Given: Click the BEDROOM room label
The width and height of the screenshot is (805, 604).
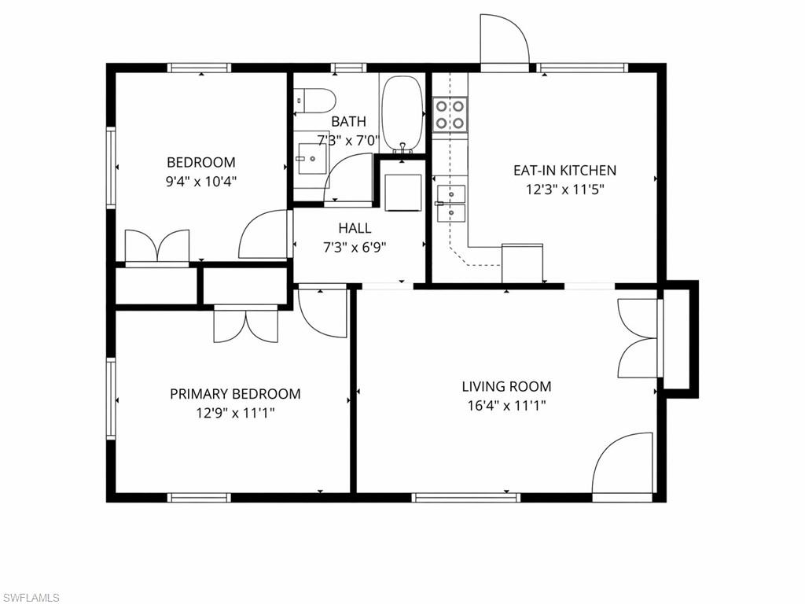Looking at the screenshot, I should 200,163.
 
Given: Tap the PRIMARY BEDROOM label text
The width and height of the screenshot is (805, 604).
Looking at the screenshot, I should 235,394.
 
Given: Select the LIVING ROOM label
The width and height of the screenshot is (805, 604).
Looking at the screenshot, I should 505,386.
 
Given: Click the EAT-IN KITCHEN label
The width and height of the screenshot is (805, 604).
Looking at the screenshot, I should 564,170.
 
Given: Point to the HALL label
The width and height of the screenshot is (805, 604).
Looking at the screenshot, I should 355,228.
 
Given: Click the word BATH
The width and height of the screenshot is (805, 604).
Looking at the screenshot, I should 348,122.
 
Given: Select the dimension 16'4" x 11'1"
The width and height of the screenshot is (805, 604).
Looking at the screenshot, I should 505,406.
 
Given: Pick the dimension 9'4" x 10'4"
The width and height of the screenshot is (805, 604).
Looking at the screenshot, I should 200,181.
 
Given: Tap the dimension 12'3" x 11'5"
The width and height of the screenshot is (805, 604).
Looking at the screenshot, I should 564,189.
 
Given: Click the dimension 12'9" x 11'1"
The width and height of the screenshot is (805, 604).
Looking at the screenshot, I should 235,412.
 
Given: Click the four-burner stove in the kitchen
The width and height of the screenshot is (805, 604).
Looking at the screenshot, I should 450,114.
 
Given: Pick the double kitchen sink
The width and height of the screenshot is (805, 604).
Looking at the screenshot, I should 450,203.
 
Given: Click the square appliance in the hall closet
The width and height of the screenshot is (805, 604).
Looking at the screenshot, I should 404,192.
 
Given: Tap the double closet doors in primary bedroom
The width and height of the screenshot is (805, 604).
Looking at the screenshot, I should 245,325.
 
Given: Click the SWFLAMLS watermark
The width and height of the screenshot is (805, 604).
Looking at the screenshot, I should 31,598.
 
